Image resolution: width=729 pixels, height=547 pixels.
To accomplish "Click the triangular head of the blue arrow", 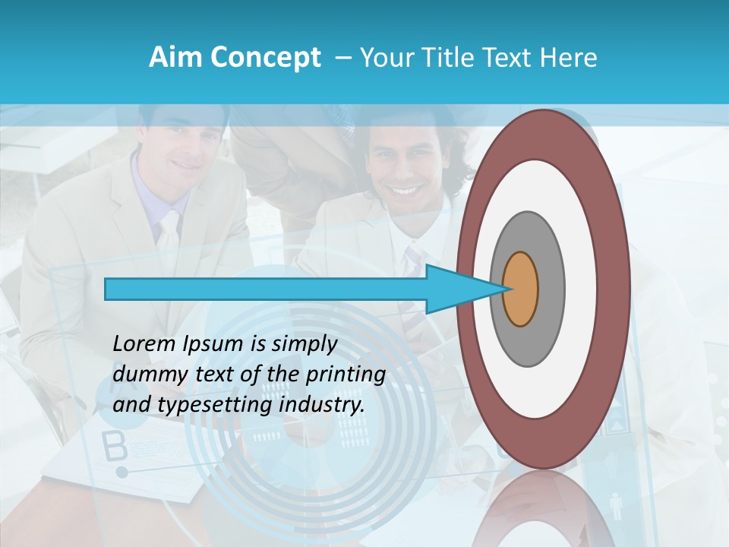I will pyautogui.click(x=456, y=289).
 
